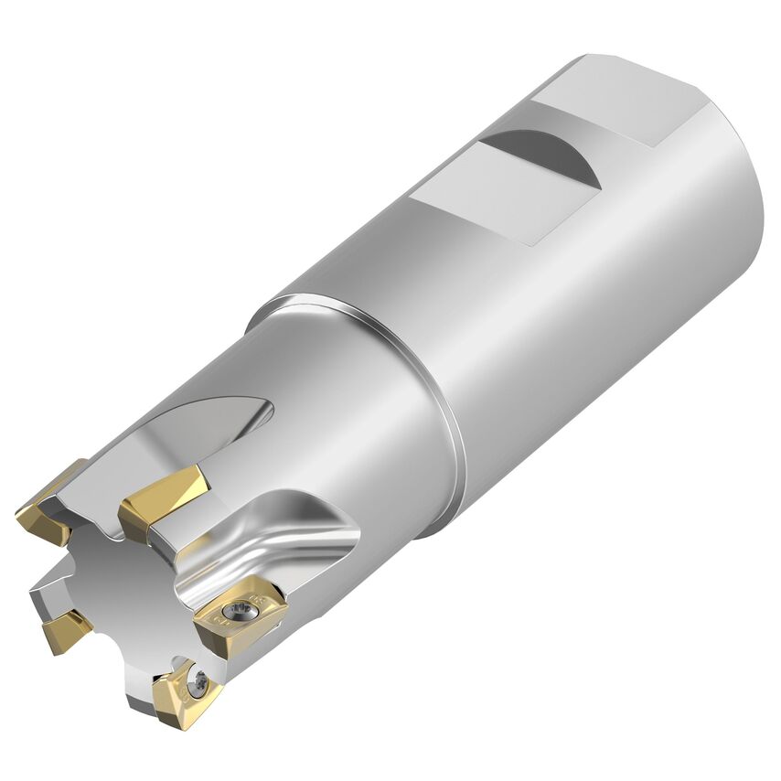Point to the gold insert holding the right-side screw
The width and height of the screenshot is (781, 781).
point(240,617)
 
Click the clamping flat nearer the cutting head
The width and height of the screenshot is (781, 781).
point(485,193)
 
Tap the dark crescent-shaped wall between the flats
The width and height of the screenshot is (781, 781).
point(549,154)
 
